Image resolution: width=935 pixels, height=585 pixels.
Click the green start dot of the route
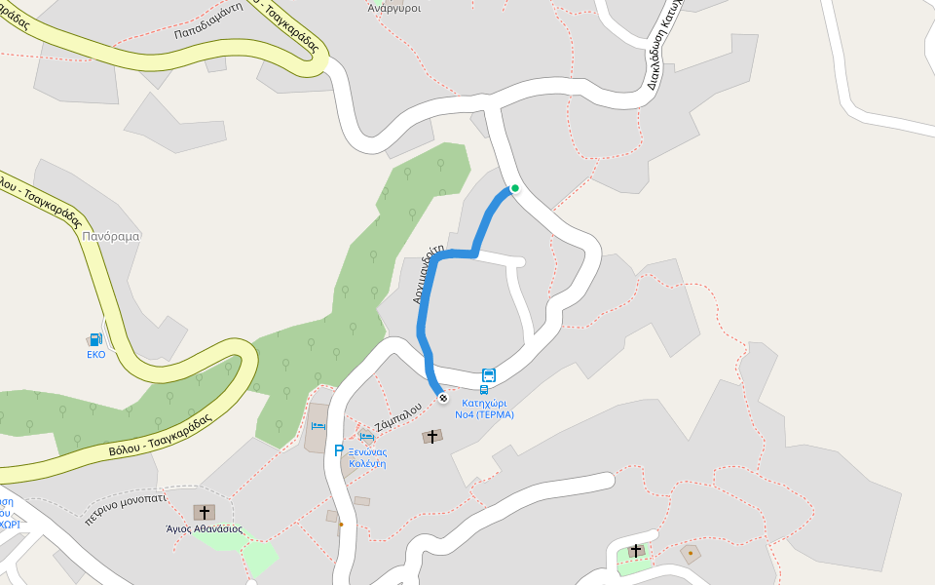coord(515,188)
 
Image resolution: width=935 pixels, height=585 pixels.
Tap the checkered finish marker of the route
coord(443,397)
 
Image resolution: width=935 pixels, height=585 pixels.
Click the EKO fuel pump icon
coord(95,339)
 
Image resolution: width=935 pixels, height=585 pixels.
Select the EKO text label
coord(95,354)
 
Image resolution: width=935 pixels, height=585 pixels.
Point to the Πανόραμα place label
coord(112,236)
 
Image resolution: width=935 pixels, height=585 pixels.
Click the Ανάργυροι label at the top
coord(393,7)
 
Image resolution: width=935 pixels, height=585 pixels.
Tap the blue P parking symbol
coord(339,450)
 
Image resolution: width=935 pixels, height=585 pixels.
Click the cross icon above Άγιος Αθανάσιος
coord(204,512)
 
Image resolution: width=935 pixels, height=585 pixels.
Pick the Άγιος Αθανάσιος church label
coord(204,529)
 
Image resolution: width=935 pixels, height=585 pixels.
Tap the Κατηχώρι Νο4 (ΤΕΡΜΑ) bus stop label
coord(484,408)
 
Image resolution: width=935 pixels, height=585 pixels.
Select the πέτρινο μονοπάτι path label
coord(126,507)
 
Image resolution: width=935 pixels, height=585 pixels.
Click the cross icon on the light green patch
coord(636,551)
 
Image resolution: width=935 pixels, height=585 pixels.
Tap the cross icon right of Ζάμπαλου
coord(432,436)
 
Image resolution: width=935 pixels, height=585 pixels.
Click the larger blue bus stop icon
coord(489,375)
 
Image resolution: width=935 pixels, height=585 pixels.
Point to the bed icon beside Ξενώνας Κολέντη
coord(367,436)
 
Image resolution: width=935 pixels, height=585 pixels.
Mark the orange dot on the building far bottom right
coord(691,554)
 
